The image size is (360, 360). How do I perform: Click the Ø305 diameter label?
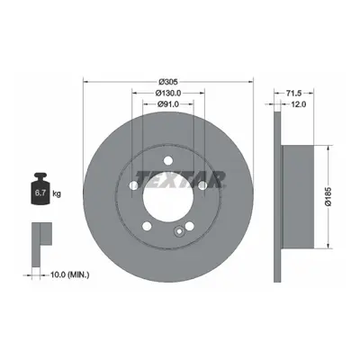[x=168, y=81]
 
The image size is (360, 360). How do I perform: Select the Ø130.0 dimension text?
[x=168, y=93]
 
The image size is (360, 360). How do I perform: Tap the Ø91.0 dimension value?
[x=168, y=104]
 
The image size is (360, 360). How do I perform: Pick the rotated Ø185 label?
[x=328, y=196]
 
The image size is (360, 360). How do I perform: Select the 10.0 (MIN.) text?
[x=70, y=274]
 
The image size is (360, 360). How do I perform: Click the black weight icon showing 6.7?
[x=40, y=189]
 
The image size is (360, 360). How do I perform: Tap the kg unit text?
[x=57, y=193]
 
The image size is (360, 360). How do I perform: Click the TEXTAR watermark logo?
[x=180, y=179]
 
